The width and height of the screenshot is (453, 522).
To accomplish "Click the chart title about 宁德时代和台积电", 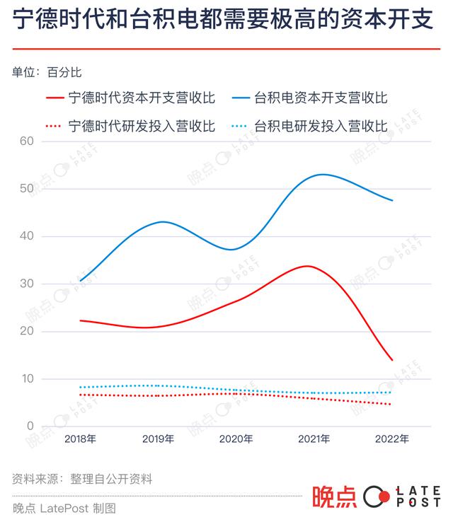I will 222,21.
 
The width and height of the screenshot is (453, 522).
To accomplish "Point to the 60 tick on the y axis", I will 27,141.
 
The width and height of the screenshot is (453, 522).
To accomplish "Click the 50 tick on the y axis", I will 27,188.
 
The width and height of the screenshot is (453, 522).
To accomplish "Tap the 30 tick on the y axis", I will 27,284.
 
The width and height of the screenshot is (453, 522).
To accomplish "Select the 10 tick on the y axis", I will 27,379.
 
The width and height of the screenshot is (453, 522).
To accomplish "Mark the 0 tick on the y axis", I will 30,427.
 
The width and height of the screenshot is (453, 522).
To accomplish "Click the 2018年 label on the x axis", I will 80,439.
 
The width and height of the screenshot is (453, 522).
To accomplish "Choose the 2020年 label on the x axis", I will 236,439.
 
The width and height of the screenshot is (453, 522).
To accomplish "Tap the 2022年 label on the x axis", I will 391,439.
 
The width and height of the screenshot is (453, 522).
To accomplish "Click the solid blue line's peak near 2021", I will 322,174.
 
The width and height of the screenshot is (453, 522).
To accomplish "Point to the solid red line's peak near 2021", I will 306,266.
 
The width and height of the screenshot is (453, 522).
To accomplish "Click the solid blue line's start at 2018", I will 80,281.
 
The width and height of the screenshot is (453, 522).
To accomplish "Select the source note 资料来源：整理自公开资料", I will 82,479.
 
